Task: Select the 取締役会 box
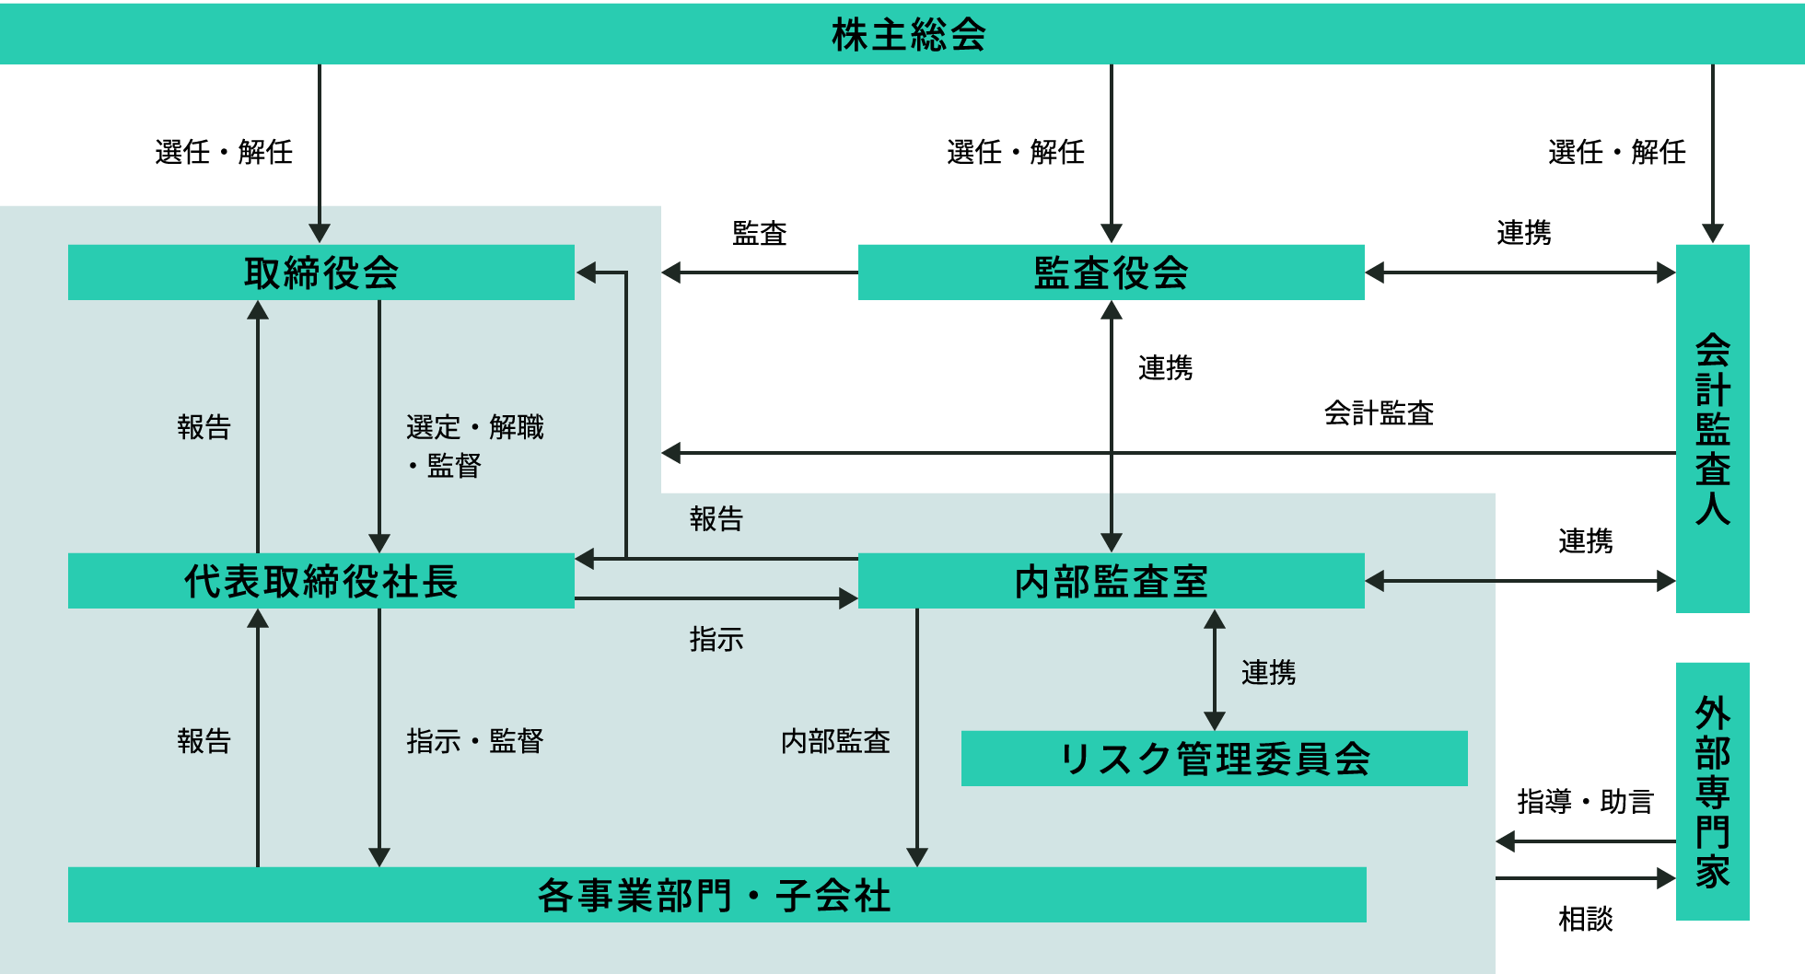320,272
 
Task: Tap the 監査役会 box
1111,272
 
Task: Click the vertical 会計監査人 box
1712,428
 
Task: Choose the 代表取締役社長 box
320,581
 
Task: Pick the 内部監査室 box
1111,581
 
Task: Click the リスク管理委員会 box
1214,759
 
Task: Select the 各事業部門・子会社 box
716,895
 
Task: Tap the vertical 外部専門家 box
1712,791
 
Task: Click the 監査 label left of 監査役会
760,233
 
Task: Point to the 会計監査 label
1379,413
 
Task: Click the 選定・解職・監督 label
474,446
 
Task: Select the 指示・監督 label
474,741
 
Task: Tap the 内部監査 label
835,741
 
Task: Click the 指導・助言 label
1585,801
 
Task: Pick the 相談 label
1585,919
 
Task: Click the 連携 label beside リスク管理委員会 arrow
1268,673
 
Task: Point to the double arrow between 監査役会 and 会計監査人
1520,272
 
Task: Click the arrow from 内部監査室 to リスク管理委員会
1215,669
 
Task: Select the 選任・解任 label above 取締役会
224,152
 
